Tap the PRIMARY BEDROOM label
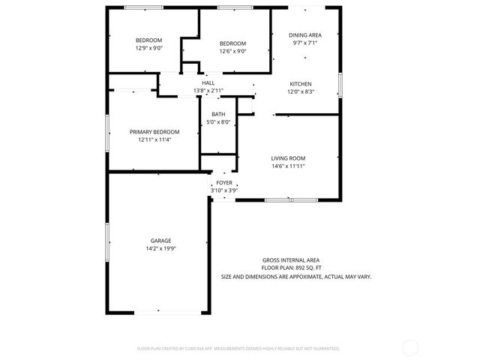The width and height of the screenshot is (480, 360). coord(154,131)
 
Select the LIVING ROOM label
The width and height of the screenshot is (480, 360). coord(288,158)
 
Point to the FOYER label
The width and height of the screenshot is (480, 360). coord(224,183)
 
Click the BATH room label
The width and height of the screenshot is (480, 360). coord(218,115)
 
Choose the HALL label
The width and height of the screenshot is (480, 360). coord(208,83)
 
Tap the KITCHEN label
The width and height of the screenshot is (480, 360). coord(301,84)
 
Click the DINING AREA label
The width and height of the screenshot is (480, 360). coord(306,35)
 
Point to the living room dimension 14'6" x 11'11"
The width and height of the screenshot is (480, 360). coord(288,166)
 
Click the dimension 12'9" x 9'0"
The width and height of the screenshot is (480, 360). coord(148,48)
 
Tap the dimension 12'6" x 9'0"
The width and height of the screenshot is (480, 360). coord(232,51)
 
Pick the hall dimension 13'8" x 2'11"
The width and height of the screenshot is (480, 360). coord(208,91)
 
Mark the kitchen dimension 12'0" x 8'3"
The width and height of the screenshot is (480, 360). coord(301,91)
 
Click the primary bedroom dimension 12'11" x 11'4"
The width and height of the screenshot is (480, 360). coord(154,139)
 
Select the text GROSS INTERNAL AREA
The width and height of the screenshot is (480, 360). coord(295,259)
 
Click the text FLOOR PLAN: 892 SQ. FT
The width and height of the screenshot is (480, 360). coord(291,268)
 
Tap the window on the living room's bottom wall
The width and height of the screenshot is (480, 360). coord(291,200)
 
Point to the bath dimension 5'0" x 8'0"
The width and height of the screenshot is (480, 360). coord(218,122)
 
